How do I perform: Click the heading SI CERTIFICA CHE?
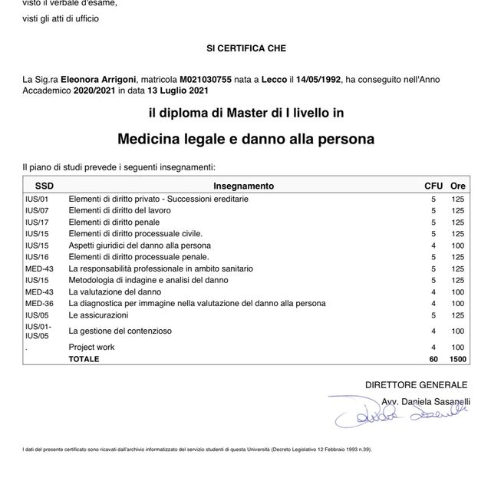245,48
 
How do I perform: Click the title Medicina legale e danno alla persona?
245,140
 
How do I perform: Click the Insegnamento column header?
243,186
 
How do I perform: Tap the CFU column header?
433,186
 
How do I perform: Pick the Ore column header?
458,186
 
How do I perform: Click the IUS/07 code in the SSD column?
37,210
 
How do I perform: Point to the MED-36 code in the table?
39,303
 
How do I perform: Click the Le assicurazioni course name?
98,315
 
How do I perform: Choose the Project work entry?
91,348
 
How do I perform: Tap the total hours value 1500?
458,358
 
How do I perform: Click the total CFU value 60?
433,358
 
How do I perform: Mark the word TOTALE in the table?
84,358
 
